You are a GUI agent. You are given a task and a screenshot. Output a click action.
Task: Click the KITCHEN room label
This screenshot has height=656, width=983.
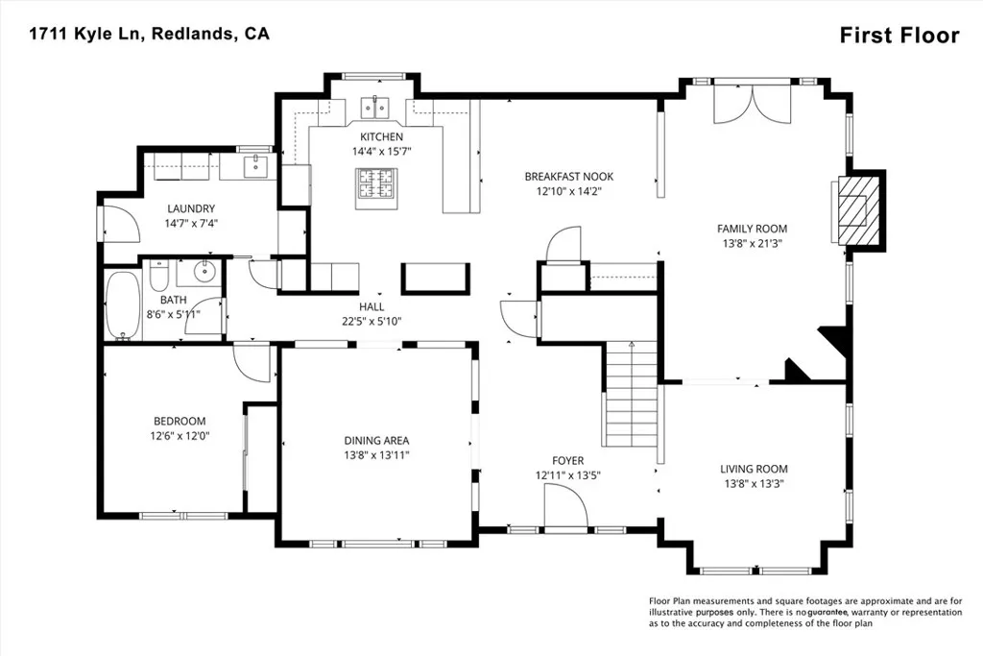[381, 137]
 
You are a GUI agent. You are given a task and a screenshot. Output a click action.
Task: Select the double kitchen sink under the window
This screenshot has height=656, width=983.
[373, 106]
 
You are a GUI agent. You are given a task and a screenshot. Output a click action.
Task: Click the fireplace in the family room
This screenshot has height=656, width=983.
[853, 208]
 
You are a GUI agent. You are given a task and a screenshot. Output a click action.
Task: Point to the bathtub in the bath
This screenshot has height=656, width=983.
[122, 305]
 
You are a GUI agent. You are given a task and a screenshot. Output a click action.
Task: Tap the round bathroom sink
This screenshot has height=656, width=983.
[204, 272]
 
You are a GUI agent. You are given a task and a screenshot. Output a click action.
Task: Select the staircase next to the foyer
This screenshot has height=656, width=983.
[630, 394]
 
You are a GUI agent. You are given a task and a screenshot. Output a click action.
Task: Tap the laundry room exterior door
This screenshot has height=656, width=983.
[116, 223]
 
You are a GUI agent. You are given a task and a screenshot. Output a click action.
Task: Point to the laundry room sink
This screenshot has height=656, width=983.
[254, 168]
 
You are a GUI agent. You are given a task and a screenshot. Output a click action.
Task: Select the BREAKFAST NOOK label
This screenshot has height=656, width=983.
[568, 177]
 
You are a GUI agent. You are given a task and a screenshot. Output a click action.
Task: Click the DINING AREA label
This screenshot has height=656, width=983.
[376, 441]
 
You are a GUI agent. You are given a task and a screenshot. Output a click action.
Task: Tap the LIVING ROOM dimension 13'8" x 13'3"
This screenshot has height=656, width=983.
[754, 484]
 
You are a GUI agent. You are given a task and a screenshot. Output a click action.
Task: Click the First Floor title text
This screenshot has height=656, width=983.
[899, 36]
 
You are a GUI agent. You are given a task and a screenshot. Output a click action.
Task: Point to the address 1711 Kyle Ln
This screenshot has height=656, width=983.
[84, 34]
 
